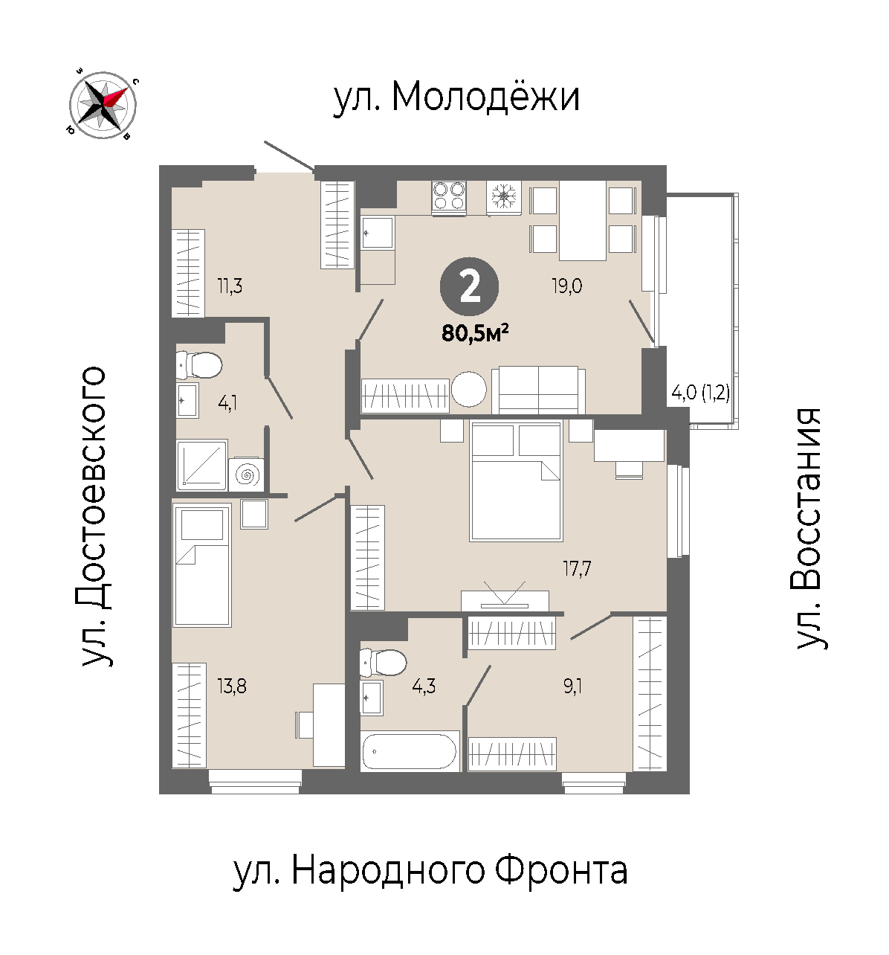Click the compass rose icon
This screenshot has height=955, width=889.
point(102,105)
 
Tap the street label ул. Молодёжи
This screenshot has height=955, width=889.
point(456,97)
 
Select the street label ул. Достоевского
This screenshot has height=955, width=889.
point(93,516)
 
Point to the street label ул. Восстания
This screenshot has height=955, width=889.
point(808,530)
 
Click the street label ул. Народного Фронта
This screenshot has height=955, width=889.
point(430,872)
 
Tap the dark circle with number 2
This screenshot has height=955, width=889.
point(469,287)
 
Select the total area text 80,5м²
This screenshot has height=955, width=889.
point(475,332)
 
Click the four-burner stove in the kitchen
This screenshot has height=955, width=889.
point(448,198)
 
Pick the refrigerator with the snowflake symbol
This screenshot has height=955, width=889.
point(503,198)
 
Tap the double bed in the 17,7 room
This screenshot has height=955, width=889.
point(516,481)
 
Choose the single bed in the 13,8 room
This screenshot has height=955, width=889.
point(202,565)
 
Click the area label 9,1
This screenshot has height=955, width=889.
point(572,686)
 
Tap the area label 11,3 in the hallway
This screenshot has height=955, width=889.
point(230,286)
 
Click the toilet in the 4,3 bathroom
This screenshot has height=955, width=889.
point(384,662)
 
